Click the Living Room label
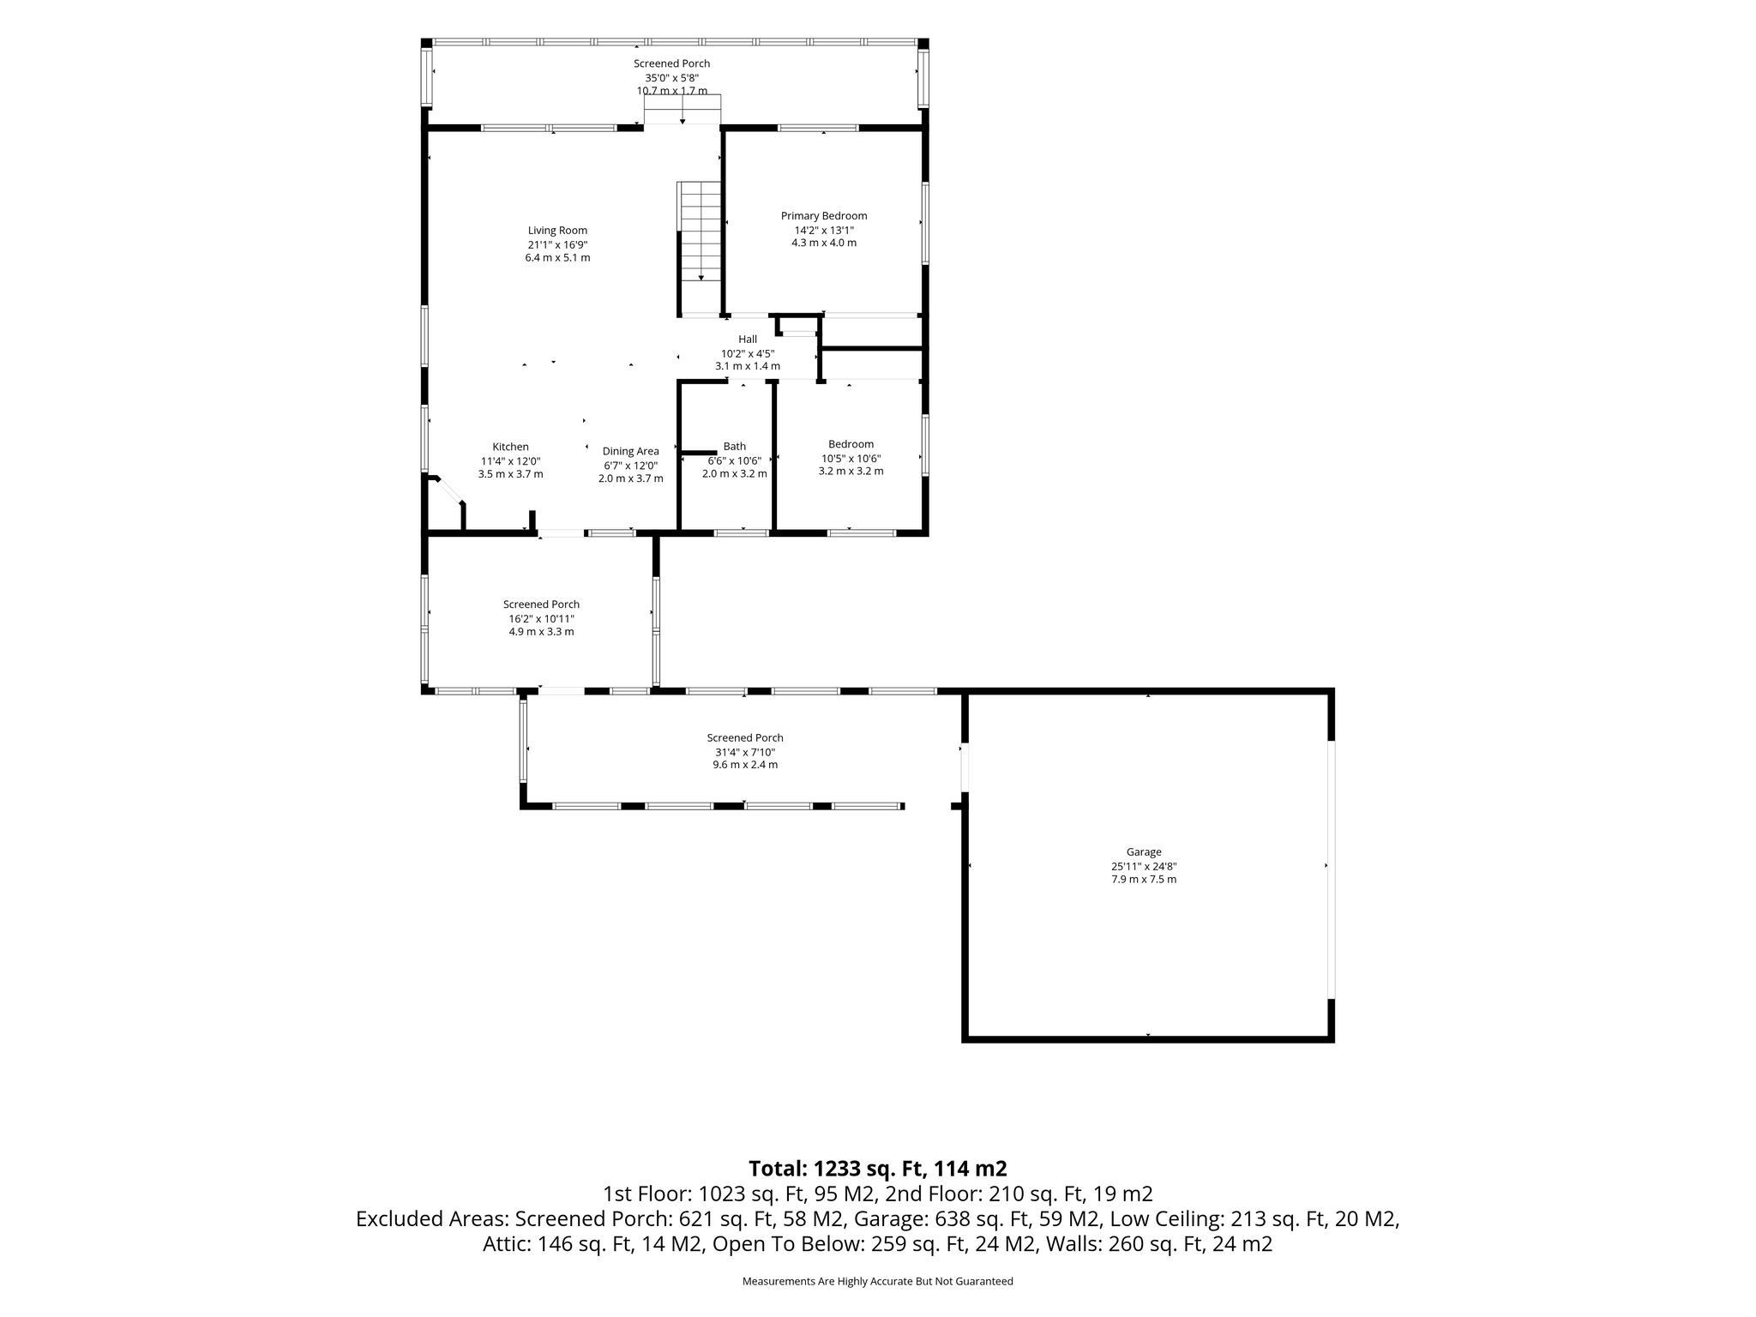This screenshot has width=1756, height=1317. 557,230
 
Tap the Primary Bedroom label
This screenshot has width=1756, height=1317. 824,216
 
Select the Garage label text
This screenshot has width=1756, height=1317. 1144,852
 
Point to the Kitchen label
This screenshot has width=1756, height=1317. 510,447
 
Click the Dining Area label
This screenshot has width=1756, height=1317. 631,451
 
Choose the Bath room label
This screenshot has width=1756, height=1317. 735,446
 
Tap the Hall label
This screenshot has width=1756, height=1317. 748,340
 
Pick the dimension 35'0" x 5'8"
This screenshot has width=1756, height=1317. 672,77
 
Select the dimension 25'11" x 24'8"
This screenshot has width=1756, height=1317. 1144,866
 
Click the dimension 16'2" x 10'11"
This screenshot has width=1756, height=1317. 541,618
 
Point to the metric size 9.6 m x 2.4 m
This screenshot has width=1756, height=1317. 745,765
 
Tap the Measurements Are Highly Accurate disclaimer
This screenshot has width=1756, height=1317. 878,1282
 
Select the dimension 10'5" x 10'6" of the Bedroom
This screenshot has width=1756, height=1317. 851,458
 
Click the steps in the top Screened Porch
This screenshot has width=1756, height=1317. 683,110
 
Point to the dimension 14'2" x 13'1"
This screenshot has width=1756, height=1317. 824,230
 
